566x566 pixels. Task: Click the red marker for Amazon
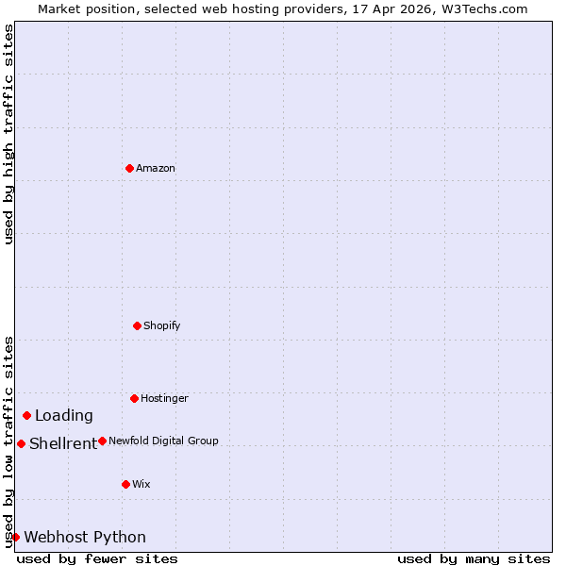click(x=129, y=168)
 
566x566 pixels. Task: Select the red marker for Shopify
click(x=137, y=325)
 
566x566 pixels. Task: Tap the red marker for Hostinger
click(x=134, y=398)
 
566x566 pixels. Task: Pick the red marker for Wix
click(x=125, y=484)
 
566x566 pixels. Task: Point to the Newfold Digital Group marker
click(x=102, y=441)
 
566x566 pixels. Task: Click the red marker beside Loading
click(x=26, y=415)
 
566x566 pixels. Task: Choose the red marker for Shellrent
click(x=21, y=443)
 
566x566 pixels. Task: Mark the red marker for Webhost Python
click(x=15, y=537)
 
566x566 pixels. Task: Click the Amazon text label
click(x=156, y=168)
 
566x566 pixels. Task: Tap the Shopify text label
click(x=162, y=325)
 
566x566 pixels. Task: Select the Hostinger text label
click(x=165, y=398)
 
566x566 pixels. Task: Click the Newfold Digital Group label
click(x=163, y=441)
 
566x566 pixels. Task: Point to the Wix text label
click(x=141, y=484)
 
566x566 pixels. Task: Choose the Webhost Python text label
click(x=85, y=537)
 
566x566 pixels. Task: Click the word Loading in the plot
click(x=64, y=415)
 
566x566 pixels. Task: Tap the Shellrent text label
click(x=63, y=443)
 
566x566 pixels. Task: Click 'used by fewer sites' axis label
click(x=97, y=558)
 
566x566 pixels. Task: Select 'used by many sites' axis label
click(x=474, y=558)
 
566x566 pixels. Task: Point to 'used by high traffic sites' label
click(x=8, y=135)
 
